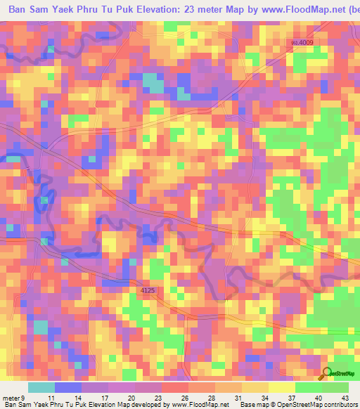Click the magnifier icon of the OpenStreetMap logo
pyautogui.click(x=327, y=373)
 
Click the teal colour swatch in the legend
pyautogui.click(x=41, y=387)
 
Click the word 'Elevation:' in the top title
pyautogui.click(x=140, y=11)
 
